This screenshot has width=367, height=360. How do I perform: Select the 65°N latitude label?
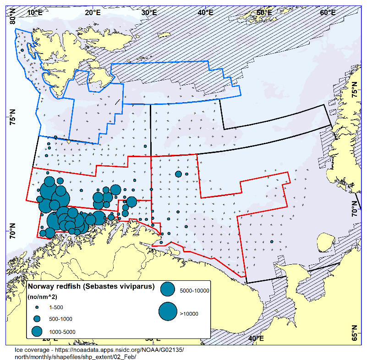(354, 332)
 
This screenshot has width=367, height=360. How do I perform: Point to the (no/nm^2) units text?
(44, 297)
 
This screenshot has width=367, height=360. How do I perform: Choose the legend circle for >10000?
(168, 312)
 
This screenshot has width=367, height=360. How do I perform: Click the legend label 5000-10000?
(195, 290)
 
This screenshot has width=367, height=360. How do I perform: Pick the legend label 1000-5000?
(62, 332)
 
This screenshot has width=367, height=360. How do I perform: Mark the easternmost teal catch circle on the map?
(272, 241)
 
